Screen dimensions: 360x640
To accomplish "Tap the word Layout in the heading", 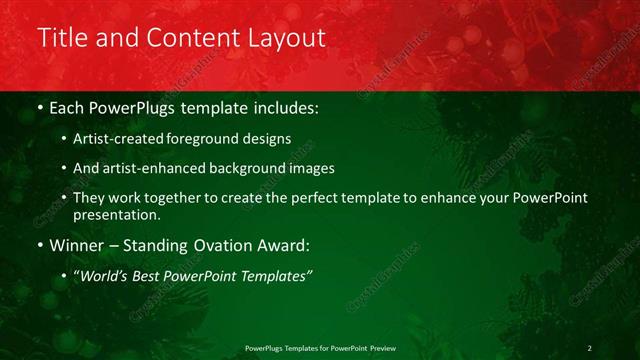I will click(288, 39).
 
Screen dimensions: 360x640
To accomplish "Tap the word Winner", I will click(76, 245).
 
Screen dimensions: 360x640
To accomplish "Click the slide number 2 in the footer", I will click(590, 348).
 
